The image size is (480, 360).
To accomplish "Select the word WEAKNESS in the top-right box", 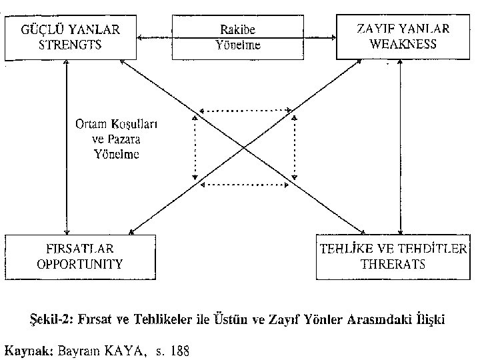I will pyautogui.click(x=403, y=45).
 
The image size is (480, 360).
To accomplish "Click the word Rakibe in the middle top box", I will pyautogui.click(x=238, y=31).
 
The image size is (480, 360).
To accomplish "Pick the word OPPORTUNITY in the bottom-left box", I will pyautogui.click(x=80, y=263).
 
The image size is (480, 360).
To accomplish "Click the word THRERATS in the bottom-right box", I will pyautogui.click(x=392, y=263).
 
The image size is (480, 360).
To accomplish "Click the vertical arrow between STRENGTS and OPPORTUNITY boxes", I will pyautogui.click(x=66, y=146).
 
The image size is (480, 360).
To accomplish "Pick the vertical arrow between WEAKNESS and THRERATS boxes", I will pyautogui.click(x=399, y=146).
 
